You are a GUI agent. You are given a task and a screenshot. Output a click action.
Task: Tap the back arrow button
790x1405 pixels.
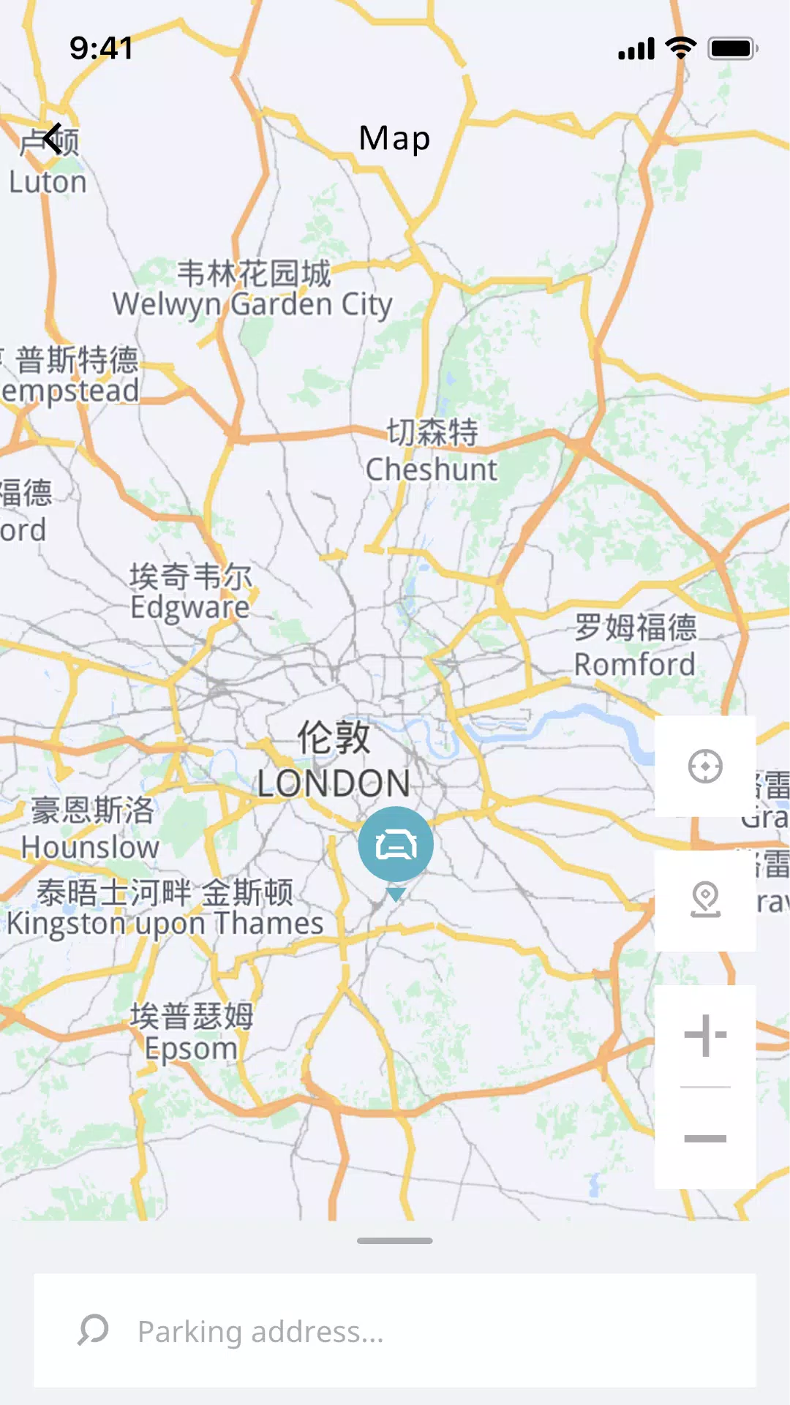click(52, 138)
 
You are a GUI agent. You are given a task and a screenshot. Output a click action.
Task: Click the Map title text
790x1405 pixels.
click(394, 138)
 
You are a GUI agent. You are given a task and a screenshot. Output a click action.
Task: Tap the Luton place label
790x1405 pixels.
click(48, 182)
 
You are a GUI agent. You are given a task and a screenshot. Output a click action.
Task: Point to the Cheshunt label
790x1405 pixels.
click(432, 470)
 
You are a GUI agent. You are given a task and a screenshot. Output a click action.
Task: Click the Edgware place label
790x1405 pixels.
click(190, 607)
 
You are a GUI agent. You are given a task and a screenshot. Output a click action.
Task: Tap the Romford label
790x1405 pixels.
click(634, 664)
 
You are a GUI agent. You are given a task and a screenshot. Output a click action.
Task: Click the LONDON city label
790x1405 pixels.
click(334, 783)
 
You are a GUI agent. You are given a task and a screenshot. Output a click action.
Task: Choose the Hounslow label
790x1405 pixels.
click(90, 847)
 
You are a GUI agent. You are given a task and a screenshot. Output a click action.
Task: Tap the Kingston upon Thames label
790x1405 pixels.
click(165, 923)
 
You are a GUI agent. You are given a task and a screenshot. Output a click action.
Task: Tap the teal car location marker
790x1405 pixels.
click(396, 845)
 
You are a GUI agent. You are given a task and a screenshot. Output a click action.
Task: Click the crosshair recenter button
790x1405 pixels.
click(705, 766)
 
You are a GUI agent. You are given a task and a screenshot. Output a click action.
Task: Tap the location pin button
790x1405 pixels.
click(705, 900)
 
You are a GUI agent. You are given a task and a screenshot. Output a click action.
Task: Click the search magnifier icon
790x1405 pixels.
click(93, 1330)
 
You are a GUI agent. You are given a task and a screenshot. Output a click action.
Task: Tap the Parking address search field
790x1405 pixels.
click(410, 1331)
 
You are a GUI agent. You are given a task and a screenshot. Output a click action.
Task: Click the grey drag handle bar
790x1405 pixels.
click(395, 1240)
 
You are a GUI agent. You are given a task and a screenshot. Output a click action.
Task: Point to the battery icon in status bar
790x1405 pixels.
click(732, 49)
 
